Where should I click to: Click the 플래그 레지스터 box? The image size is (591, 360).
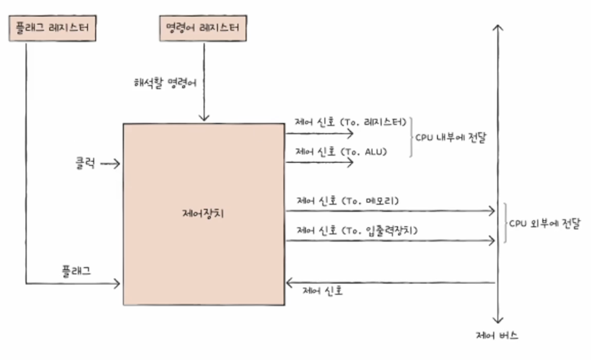52,28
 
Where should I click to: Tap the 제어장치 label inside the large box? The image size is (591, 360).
204,214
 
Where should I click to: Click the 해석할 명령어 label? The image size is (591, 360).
165,82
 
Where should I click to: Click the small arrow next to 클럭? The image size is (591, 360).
110,165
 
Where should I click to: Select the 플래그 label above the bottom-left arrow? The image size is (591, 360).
76,270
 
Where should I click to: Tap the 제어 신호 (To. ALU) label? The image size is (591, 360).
341,152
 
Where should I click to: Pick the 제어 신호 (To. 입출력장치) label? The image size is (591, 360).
357,230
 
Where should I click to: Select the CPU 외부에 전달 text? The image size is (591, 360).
544,224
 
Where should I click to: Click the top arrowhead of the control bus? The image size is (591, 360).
498,28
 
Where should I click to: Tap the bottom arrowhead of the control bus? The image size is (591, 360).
498,320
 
